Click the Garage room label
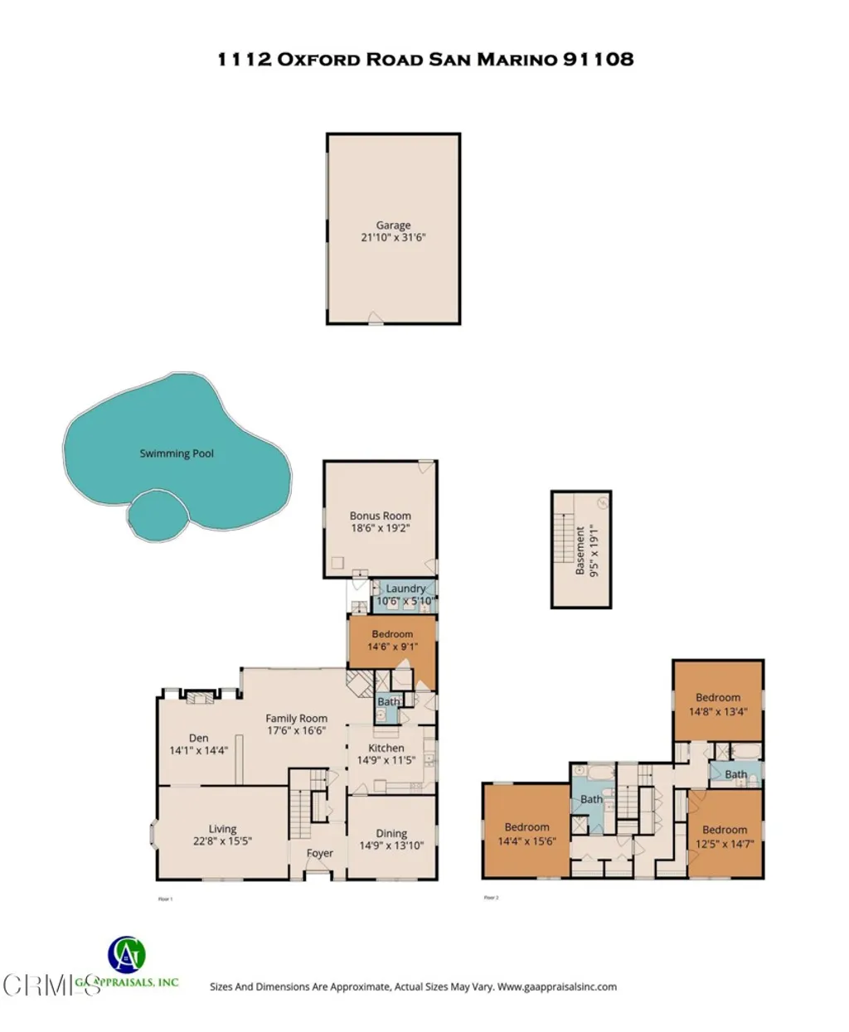[x=393, y=225]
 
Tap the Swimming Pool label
[x=177, y=453]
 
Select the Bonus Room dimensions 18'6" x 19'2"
[x=381, y=527]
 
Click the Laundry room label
[x=405, y=589]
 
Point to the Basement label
[x=580, y=550]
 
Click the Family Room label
[x=296, y=719]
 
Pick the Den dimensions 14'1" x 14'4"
[x=198, y=750]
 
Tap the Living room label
[x=222, y=829]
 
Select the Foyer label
[x=320, y=853]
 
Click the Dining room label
[x=391, y=834]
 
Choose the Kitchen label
[x=386, y=748]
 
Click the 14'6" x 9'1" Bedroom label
[x=392, y=634]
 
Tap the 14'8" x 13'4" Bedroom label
[x=718, y=698]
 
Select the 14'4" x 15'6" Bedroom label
[x=526, y=827]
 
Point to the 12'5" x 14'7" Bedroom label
[x=725, y=830]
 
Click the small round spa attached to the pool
[x=158, y=515]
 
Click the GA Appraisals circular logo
[x=127, y=956]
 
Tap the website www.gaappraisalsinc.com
[x=557, y=986]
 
